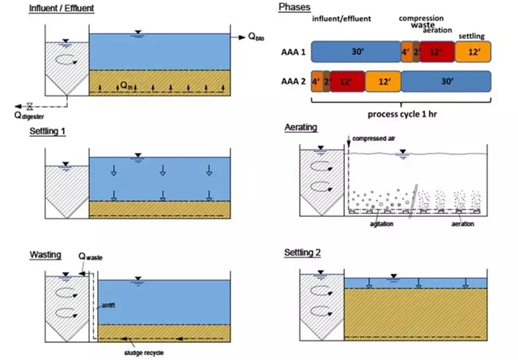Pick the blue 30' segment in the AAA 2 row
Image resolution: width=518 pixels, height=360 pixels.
coord(447,81)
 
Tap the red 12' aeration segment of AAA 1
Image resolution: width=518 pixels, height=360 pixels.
coord(437,53)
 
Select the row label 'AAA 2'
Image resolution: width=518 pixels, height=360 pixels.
coord(290,81)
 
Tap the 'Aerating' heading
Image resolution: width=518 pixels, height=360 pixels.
coord(301,129)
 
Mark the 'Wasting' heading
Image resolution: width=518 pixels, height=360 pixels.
coord(23,255)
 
